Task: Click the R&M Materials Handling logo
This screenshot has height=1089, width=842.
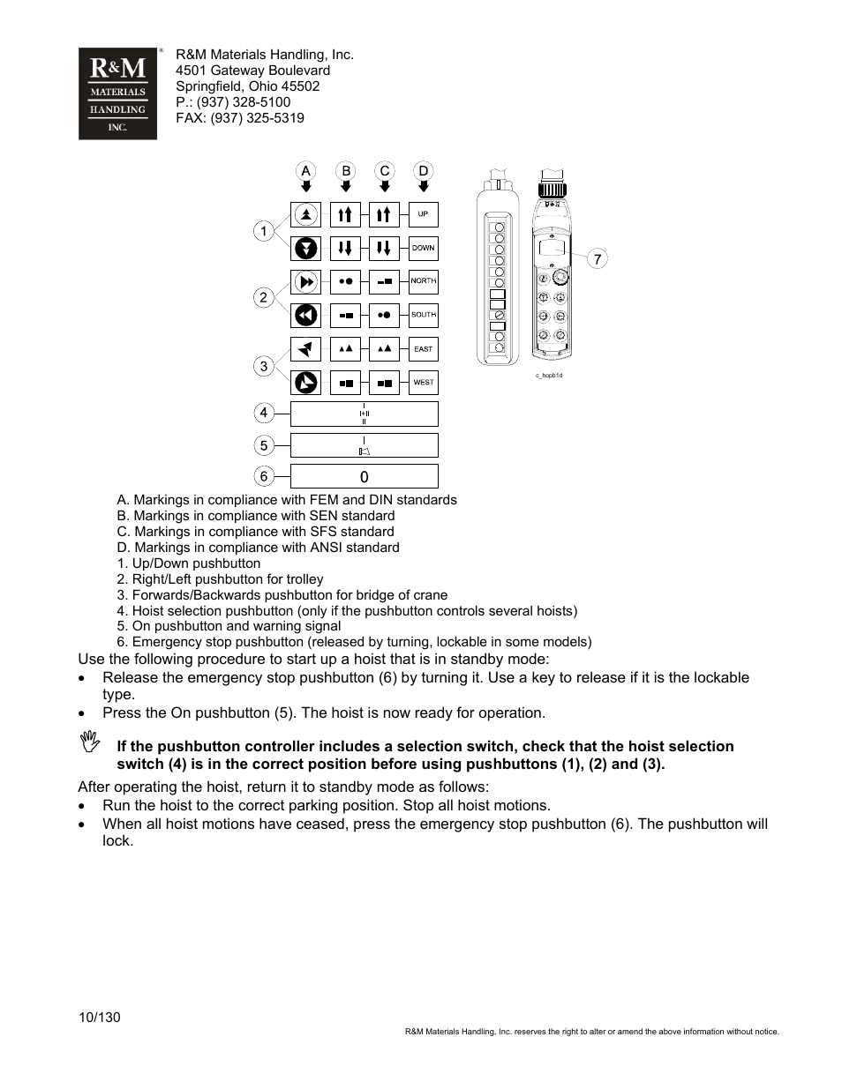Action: tap(117, 93)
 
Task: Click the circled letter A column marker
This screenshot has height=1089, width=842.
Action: tap(305, 170)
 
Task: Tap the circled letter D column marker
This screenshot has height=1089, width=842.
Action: tap(424, 170)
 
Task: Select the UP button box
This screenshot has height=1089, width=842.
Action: tap(424, 214)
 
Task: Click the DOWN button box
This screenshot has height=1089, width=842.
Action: tap(424, 248)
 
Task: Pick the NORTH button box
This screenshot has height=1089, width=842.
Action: tap(424, 281)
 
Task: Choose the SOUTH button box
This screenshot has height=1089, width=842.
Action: tap(424, 315)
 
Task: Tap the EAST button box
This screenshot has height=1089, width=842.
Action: tap(424, 349)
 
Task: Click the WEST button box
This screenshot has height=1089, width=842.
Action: tap(424, 383)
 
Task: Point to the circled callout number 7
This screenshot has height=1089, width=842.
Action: tap(598, 258)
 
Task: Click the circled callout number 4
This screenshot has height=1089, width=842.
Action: tap(263, 412)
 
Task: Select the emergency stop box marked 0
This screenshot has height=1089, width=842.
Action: tap(364, 476)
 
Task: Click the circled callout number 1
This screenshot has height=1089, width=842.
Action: tap(263, 231)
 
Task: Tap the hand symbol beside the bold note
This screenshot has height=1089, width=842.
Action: tap(89, 742)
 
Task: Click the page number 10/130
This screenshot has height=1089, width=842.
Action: tap(99, 1017)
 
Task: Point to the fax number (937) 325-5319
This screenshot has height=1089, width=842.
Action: tap(257, 118)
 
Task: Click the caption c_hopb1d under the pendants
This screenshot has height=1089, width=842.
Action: tap(548, 375)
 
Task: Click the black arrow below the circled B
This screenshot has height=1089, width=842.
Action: tap(346, 187)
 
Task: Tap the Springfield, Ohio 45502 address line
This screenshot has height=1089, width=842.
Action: tap(247, 86)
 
